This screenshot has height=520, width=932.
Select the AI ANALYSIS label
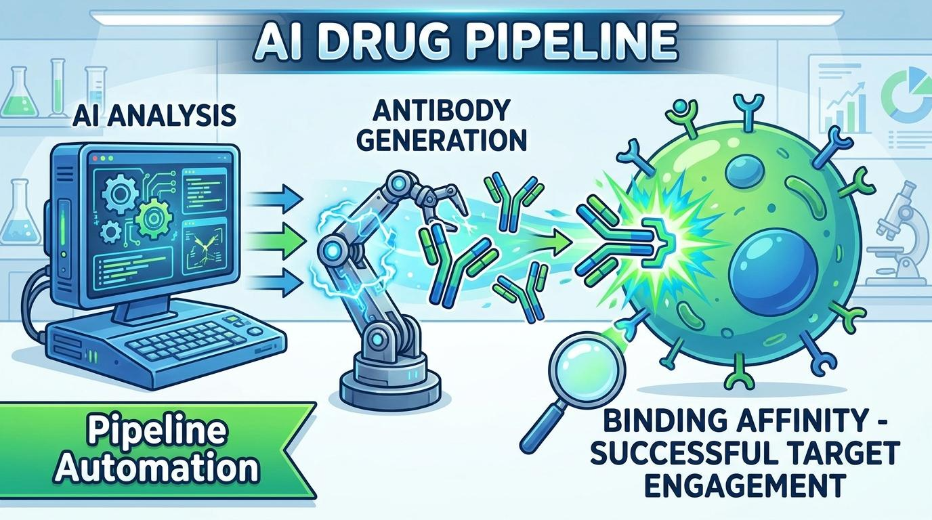pos(154,116)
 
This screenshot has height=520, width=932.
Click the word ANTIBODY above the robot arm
pos(442,112)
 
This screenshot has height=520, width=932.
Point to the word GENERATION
pos(442,141)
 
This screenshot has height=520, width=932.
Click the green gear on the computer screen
pos(154,217)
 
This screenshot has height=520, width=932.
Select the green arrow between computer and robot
pos(277,241)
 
